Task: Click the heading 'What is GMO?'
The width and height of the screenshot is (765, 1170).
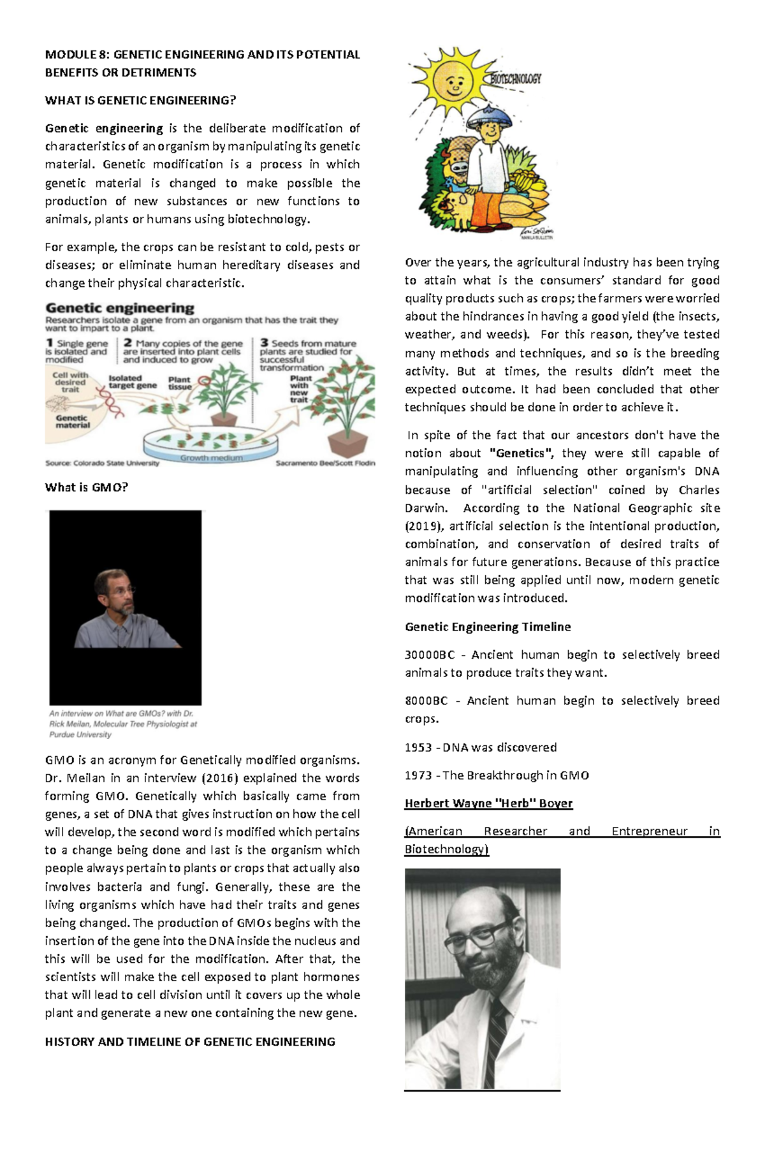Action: [86, 488]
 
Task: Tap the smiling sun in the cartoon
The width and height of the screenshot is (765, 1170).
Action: [452, 82]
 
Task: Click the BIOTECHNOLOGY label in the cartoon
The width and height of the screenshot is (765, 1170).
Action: [516, 79]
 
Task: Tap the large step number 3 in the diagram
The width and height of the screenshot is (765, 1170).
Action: [264, 343]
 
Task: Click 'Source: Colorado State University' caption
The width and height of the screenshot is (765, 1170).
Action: [102, 464]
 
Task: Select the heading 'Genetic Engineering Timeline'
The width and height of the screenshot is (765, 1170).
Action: [488, 627]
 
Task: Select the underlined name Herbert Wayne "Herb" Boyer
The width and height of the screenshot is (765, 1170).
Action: [488, 803]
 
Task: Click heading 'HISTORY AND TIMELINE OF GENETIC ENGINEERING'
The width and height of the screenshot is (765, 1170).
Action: [190, 1042]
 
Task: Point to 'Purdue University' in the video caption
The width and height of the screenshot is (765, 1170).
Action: [80, 735]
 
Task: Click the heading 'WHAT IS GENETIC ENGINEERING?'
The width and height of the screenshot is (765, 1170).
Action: [140, 100]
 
